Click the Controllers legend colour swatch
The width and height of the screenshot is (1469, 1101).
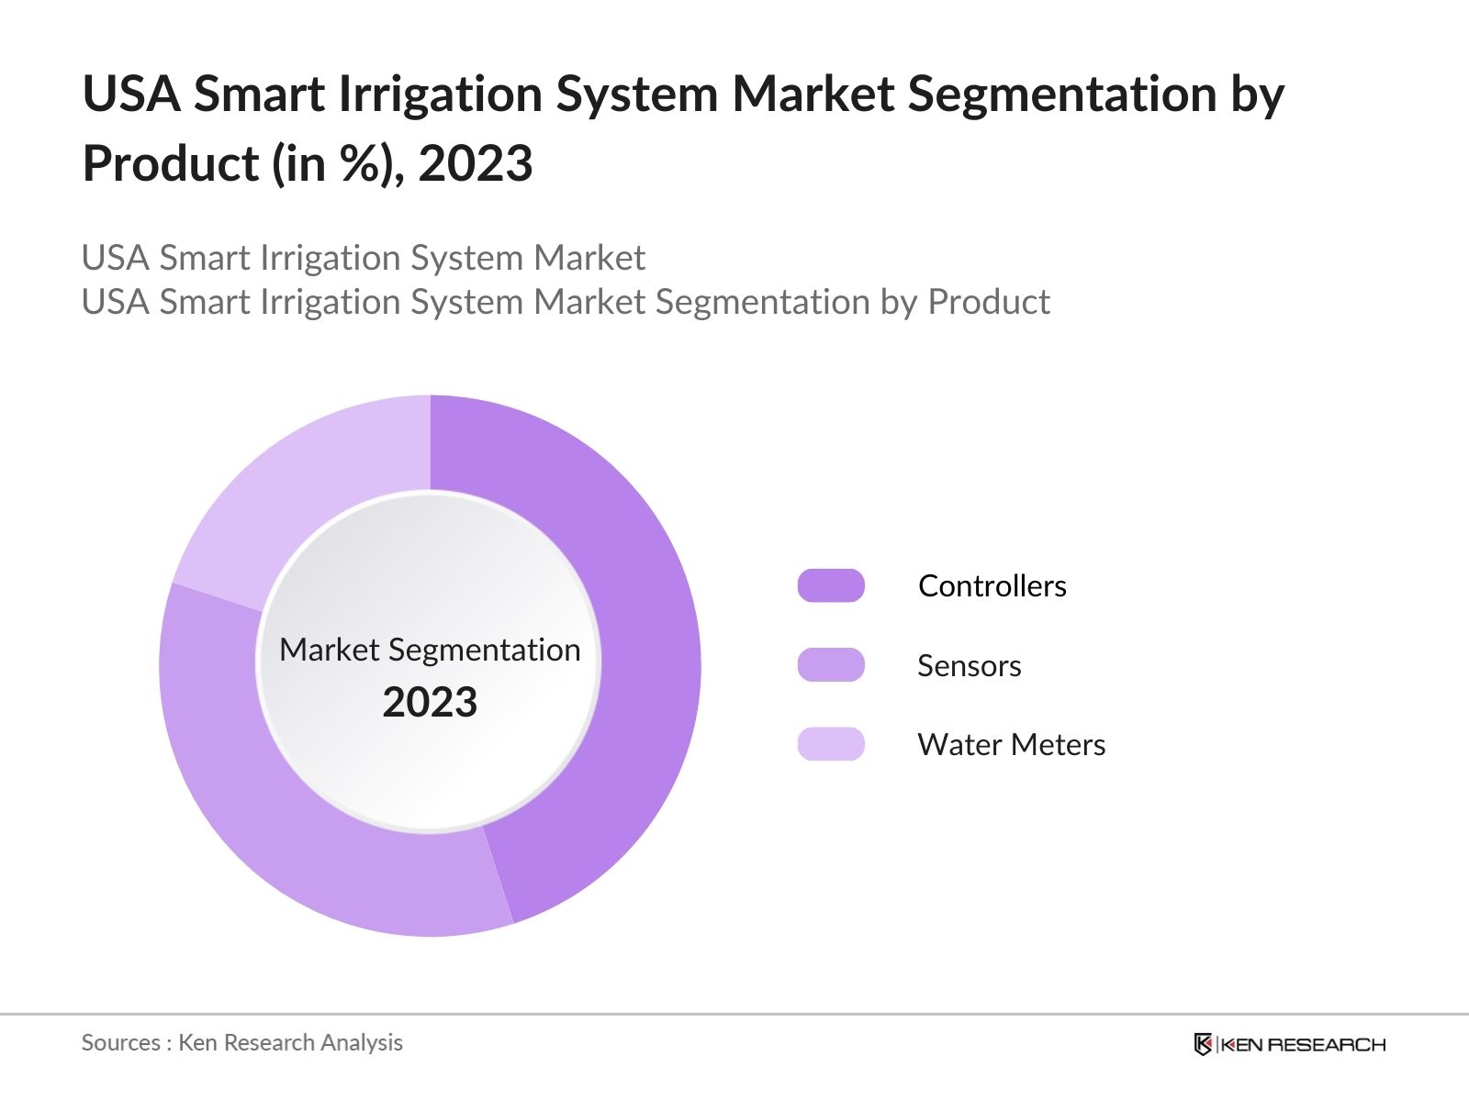pos(831,585)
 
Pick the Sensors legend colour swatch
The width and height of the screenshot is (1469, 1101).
pos(831,665)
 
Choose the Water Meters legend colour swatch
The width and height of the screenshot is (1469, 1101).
pos(831,744)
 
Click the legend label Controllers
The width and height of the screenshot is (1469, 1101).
pos(992,585)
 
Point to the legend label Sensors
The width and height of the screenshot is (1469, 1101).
pos(969,665)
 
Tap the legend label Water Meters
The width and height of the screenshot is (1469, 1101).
pos(1011,744)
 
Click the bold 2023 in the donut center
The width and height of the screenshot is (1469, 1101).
pos(430,703)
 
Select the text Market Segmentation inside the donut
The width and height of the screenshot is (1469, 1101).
pos(430,650)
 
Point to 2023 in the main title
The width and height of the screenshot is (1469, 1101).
pos(475,164)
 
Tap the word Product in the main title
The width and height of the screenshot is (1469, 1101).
pos(171,164)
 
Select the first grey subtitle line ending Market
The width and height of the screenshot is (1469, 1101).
pos(363,258)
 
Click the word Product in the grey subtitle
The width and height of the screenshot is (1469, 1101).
pos(988,302)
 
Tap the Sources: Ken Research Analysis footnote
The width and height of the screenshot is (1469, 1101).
pos(241,1042)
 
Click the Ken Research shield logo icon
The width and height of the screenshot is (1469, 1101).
pos(1203,1044)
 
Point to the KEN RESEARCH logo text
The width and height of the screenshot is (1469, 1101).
pos(1303,1044)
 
